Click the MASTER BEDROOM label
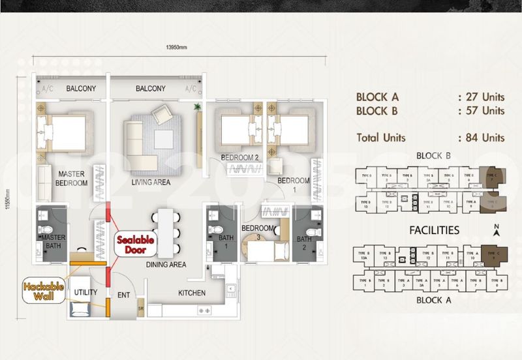coord(72,179)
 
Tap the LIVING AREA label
coord(151,183)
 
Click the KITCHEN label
coord(192,293)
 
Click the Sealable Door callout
coord(135,244)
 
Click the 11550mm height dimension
coord(8,205)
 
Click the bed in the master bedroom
coord(65,133)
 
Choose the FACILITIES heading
coord(434,230)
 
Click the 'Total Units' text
coord(381,138)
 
